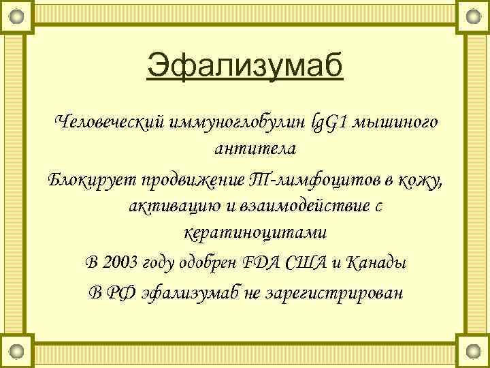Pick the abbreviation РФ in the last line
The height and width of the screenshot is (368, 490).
coord(123,293)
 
